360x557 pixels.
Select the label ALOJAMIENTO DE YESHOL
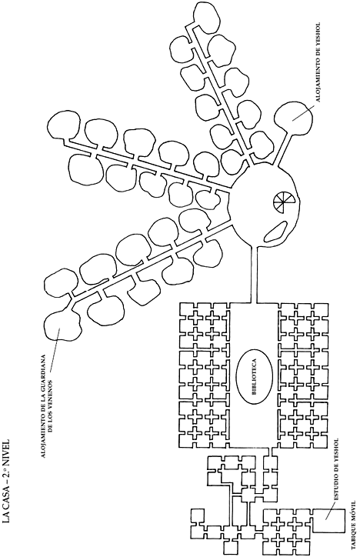click(318, 62)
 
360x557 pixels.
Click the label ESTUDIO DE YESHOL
click(336, 469)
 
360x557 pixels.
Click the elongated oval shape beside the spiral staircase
click(275, 232)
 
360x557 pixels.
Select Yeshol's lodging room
click(293, 116)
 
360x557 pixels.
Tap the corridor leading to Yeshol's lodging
click(282, 149)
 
